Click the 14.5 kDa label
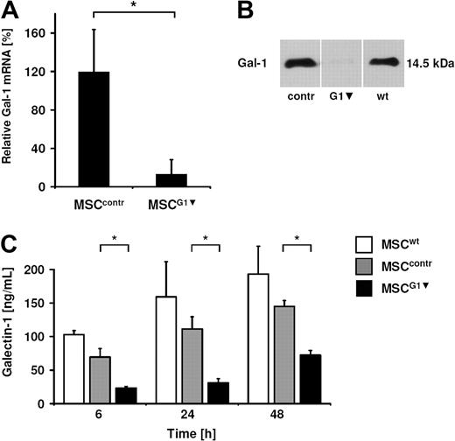(432, 62)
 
